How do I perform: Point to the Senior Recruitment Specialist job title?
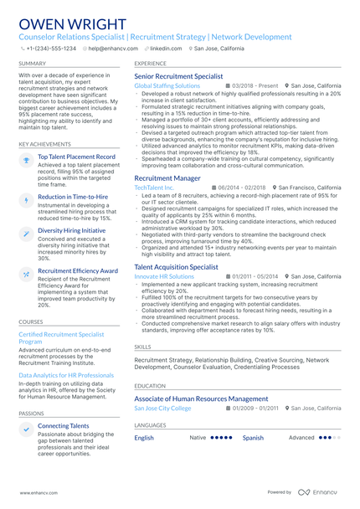click(178, 76)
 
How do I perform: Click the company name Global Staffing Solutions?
click(167, 85)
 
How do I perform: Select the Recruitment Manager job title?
click(167, 178)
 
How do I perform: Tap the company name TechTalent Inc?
click(154, 188)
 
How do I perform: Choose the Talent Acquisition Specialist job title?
click(176, 267)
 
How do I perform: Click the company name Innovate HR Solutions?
click(164, 276)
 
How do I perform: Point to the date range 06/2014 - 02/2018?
click(243, 188)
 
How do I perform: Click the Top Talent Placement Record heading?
click(76, 157)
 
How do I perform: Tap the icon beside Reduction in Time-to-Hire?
click(26, 199)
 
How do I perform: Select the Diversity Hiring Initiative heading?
click(72, 230)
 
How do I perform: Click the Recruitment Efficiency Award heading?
click(78, 271)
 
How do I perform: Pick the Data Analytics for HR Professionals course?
click(66, 375)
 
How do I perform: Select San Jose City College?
click(162, 409)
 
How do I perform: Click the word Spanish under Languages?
click(253, 438)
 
